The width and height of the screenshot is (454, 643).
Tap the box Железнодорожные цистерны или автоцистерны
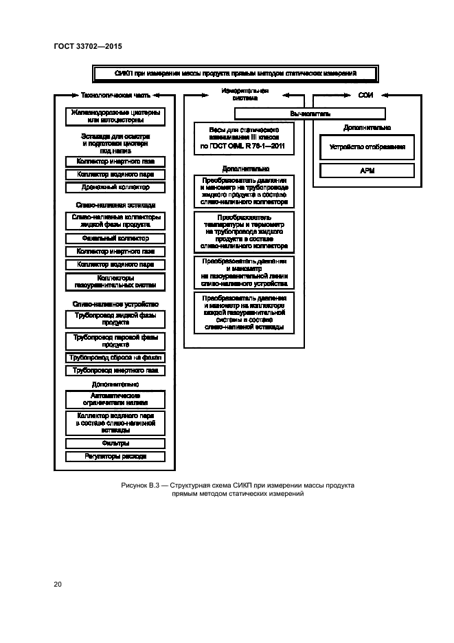115,116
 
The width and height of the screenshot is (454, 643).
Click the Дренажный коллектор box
115,187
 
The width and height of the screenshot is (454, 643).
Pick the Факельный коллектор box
115,238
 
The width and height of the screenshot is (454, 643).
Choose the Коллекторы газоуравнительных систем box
115,281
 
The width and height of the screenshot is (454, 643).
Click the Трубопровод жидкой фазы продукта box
115,319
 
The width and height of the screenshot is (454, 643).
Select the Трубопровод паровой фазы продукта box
115,341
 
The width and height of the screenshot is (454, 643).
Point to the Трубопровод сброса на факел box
115,358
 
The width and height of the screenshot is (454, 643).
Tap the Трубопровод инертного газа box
115,371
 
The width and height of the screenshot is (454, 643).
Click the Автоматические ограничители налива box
115,400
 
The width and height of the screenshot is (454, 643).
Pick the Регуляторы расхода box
115,456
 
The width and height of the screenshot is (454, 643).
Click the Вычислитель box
310,113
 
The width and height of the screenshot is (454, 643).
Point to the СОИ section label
365,96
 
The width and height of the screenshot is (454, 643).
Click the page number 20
58,585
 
